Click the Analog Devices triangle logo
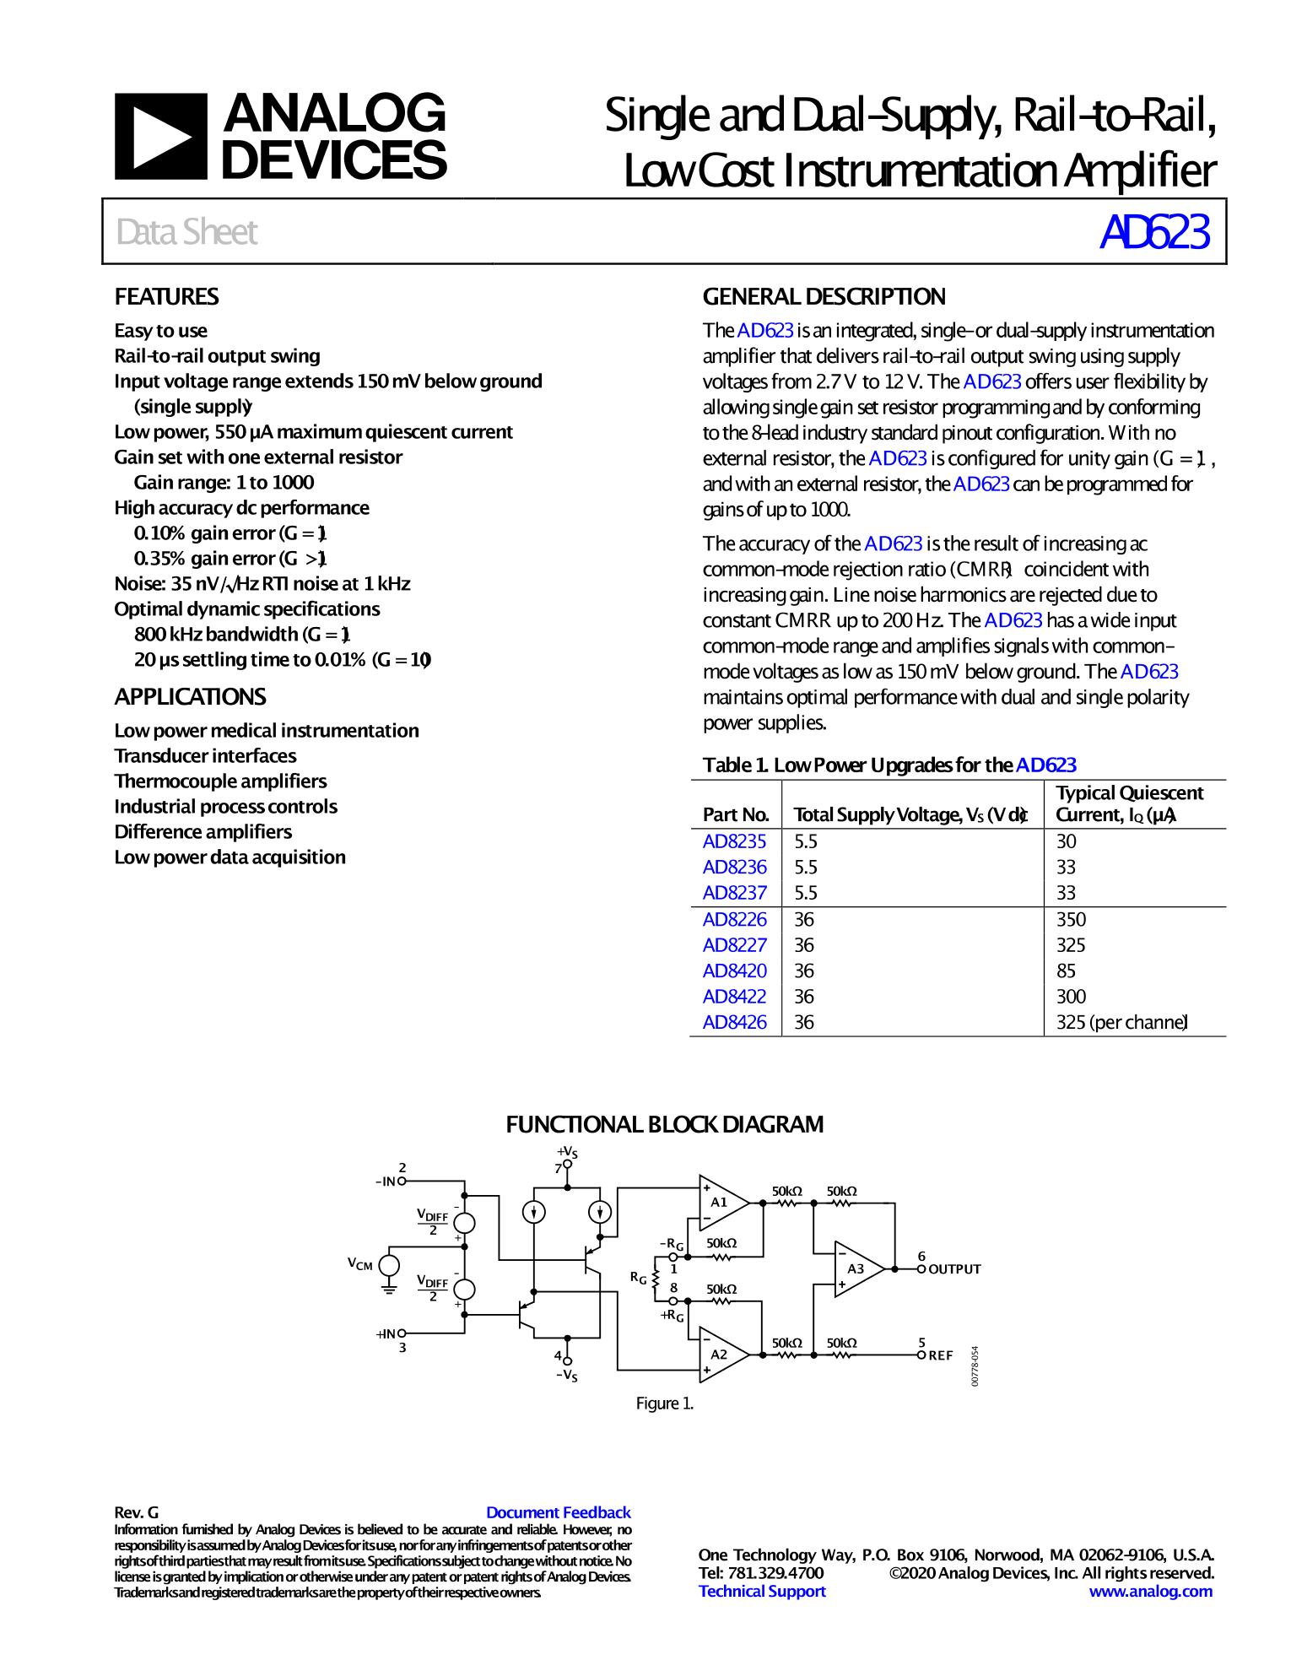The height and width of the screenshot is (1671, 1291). pyautogui.click(x=160, y=136)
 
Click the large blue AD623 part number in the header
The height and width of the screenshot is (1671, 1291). pyautogui.click(x=1153, y=232)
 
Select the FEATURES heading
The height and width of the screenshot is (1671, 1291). pyautogui.click(x=166, y=297)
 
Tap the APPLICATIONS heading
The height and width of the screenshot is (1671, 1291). pyautogui.click(x=190, y=697)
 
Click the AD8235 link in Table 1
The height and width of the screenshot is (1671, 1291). pyautogui.click(x=734, y=841)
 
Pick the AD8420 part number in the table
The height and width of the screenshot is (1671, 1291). pyautogui.click(x=734, y=971)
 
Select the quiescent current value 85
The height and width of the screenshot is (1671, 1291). pyautogui.click(x=1066, y=971)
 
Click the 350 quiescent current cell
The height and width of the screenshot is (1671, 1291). pyautogui.click(x=1071, y=919)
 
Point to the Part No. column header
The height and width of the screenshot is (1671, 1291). pyautogui.click(x=735, y=814)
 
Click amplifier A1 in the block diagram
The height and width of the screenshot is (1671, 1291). pyautogui.click(x=720, y=1202)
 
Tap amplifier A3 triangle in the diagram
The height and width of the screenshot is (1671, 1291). pyautogui.click(x=856, y=1268)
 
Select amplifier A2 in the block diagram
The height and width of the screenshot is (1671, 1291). pyautogui.click(x=720, y=1354)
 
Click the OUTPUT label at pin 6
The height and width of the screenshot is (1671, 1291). pyautogui.click(x=954, y=1269)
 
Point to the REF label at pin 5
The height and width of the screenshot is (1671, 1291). pyautogui.click(x=940, y=1355)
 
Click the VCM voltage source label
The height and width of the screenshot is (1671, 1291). pyautogui.click(x=360, y=1263)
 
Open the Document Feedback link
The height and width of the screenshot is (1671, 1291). pyautogui.click(x=558, y=1512)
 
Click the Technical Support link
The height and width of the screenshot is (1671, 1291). pyautogui.click(x=762, y=1591)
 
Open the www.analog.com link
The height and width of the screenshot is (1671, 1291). pyautogui.click(x=1150, y=1591)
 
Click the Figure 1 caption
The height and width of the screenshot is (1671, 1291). pyautogui.click(x=664, y=1403)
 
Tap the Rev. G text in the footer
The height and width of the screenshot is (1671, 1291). pyautogui.click(x=137, y=1512)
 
